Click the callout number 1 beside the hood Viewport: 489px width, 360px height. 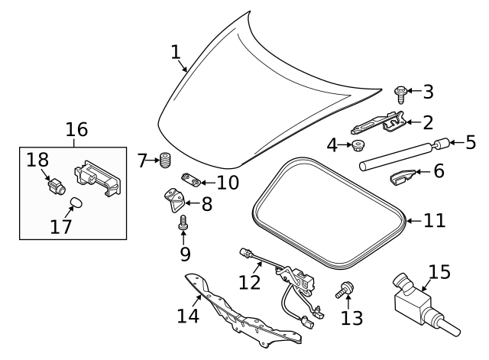click(176, 52)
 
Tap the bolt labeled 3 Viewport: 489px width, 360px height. click(399, 92)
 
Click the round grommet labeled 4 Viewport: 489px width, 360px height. click(358, 144)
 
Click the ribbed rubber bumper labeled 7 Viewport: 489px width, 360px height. click(164, 161)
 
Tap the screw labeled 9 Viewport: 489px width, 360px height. click(183, 223)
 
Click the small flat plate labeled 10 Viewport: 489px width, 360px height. click(191, 181)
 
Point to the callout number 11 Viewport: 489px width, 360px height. click(433, 221)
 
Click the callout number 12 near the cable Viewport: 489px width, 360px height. click(250, 282)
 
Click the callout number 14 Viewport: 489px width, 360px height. click(188, 314)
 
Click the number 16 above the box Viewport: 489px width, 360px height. click(76, 129)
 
